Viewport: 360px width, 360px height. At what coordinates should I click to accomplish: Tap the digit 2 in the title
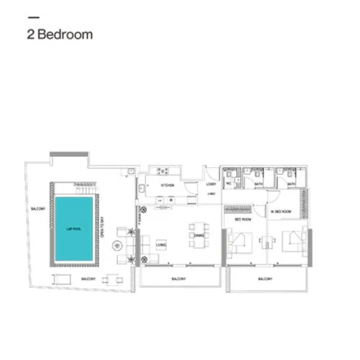click(x=30, y=34)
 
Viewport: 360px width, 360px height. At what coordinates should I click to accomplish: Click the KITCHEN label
click(x=167, y=185)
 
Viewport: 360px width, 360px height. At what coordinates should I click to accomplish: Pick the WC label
click(x=230, y=185)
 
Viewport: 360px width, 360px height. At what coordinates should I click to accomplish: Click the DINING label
click(x=199, y=235)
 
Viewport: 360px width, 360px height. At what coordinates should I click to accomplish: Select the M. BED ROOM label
click(x=281, y=212)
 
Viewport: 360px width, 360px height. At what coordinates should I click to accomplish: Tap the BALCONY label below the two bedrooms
click(x=266, y=279)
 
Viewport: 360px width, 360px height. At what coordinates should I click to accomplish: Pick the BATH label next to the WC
click(x=258, y=185)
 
